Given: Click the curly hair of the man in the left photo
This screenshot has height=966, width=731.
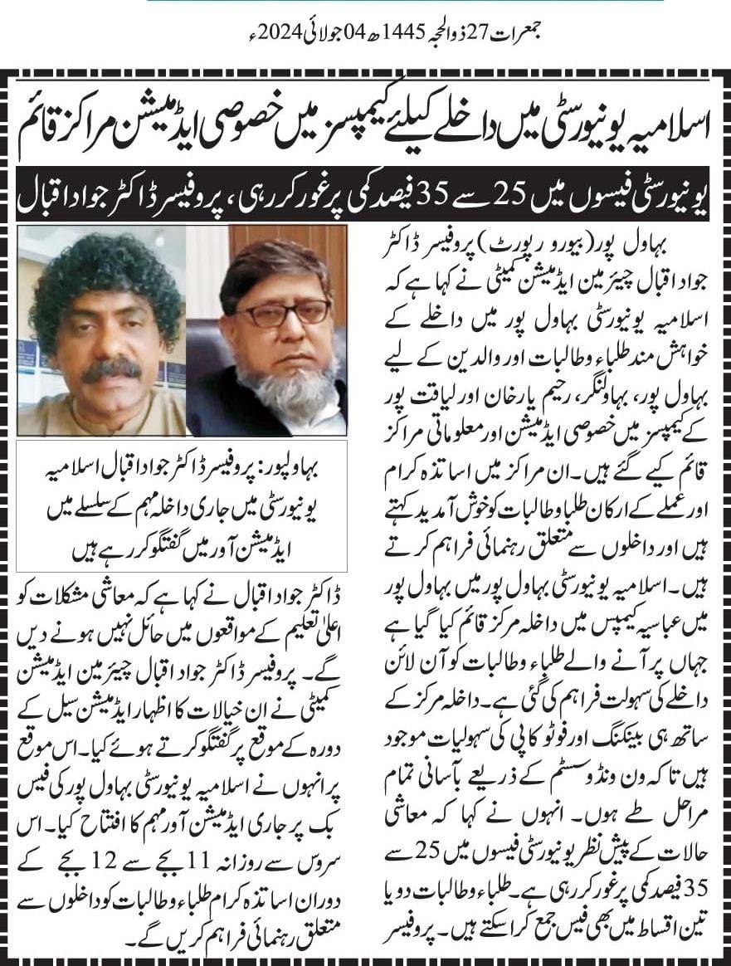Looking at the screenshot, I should (x=100, y=266).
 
